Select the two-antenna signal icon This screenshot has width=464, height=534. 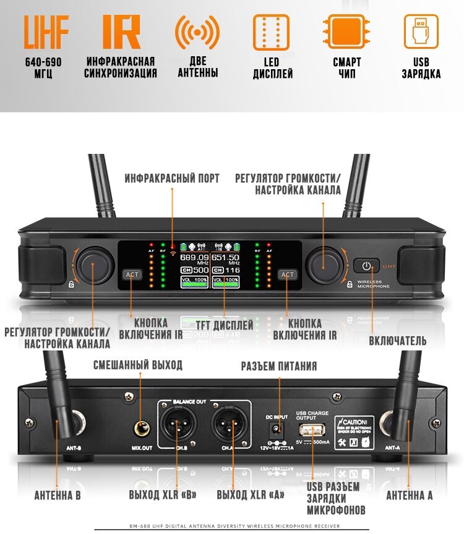point(197,32)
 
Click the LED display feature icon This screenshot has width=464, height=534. point(272,32)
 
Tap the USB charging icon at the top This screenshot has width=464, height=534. point(421,32)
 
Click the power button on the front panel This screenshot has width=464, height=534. point(367,267)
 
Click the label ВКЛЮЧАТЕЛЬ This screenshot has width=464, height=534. point(398,341)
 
